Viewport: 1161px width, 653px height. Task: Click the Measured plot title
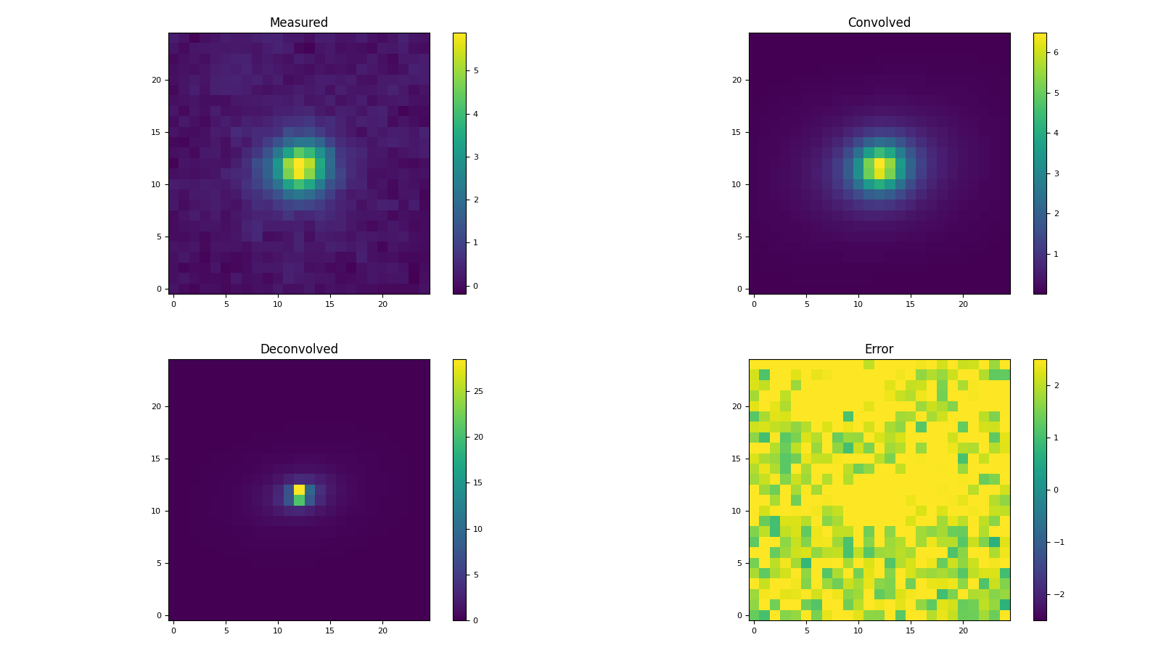[298, 22]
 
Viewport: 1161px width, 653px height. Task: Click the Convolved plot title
[879, 22]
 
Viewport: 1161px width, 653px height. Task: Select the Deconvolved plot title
[298, 349]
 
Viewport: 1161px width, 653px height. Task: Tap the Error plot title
[879, 349]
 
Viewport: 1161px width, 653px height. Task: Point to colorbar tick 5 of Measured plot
[476, 70]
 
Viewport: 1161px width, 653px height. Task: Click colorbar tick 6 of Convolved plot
[1057, 52]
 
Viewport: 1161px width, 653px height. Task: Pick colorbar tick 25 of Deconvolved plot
[478, 391]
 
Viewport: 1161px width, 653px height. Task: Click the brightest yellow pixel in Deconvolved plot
[299, 490]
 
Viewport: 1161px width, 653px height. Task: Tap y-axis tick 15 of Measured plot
[155, 132]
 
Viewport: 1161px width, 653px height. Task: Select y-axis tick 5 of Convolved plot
[738, 237]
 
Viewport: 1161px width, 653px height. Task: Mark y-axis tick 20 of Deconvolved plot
[155, 406]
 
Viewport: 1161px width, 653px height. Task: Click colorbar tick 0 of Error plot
[1056, 490]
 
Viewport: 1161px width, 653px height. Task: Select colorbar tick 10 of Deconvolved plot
[478, 529]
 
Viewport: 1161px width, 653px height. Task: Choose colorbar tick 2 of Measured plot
[476, 200]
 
